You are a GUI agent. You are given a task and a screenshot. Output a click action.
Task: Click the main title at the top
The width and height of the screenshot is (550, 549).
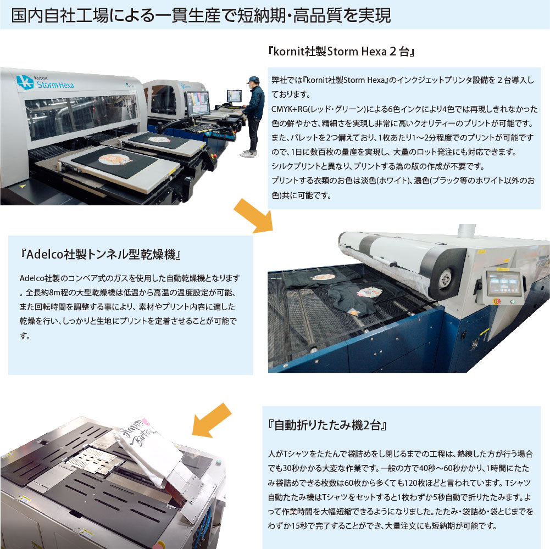(201, 16)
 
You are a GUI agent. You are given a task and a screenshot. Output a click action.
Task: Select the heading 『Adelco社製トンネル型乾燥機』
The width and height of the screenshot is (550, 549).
(101, 254)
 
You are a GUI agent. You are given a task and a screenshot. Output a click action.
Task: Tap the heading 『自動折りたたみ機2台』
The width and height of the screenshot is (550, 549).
(327, 425)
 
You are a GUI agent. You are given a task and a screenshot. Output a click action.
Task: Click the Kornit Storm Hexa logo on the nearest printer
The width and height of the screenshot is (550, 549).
(45, 83)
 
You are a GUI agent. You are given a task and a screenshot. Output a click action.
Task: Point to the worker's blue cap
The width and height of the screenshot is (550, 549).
(253, 80)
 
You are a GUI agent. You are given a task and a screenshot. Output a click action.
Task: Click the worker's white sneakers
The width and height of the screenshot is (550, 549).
(248, 154)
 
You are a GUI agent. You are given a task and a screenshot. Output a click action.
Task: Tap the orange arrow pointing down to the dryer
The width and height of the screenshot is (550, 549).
(253, 216)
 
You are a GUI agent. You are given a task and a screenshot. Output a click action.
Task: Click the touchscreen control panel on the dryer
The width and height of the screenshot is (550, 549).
(504, 283)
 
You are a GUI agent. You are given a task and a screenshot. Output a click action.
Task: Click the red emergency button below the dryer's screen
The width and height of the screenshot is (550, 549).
(497, 301)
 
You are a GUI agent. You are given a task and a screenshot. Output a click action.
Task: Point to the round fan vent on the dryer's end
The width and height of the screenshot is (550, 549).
(446, 279)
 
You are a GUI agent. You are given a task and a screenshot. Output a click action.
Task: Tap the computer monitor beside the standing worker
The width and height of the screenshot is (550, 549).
(234, 96)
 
